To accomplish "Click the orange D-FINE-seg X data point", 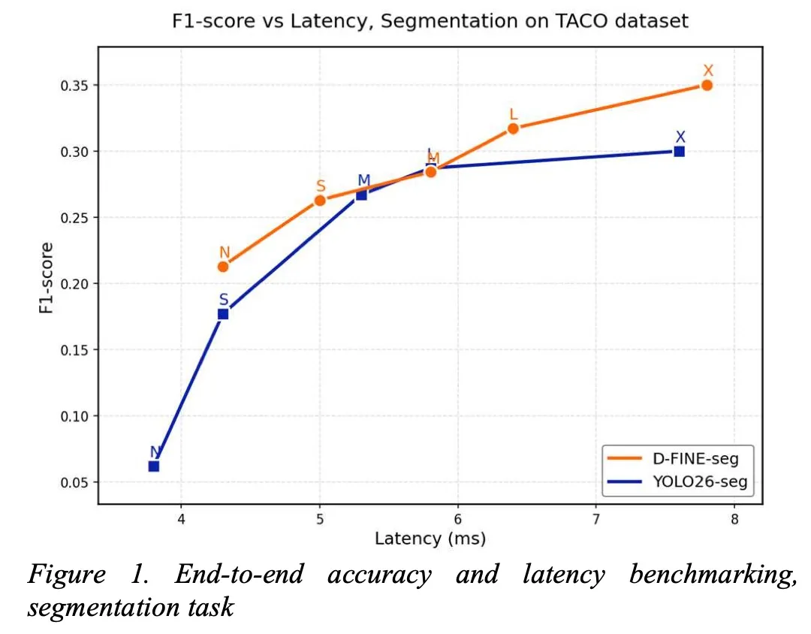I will (x=707, y=85).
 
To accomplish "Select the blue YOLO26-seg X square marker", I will (x=680, y=151).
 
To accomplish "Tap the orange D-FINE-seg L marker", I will (x=513, y=128).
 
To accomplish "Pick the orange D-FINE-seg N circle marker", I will (x=223, y=266).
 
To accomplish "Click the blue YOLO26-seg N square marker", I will (x=154, y=466).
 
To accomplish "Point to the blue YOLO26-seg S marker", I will (x=223, y=314).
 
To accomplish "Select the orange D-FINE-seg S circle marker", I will (x=320, y=200).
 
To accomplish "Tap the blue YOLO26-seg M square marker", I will (x=361, y=195).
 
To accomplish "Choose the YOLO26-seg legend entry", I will (x=677, y=482).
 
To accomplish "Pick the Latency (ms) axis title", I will (x=430, y=539).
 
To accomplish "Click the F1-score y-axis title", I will (x=46, y=278).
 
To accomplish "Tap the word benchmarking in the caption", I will (x=713, y=575).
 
